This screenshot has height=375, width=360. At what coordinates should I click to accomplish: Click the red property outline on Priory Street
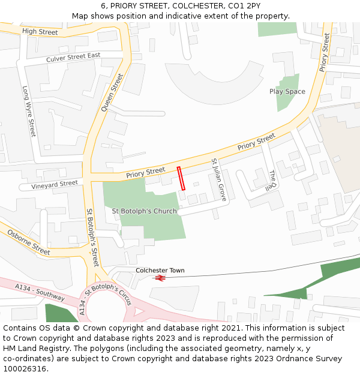[x=181, y=178]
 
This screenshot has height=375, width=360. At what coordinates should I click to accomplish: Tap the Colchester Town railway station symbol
[x=160, y=278]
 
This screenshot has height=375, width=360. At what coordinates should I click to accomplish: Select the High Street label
[x=40, y=31]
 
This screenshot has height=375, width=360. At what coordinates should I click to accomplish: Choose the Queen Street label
[x=112, y=92]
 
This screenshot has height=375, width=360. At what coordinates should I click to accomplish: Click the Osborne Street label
[x=29, y=241]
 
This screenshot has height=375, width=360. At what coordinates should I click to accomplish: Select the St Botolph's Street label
[x=92, y=238]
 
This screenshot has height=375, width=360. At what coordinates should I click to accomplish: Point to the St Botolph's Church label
[x=145, y=211]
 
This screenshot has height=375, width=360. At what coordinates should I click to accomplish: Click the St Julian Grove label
[x=218, y=179]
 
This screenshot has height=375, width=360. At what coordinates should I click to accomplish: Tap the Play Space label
[x=287, y=92]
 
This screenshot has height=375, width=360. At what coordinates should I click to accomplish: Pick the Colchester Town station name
[x=160, y=271]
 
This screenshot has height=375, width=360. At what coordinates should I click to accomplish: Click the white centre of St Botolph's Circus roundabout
[x=107, y=310]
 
